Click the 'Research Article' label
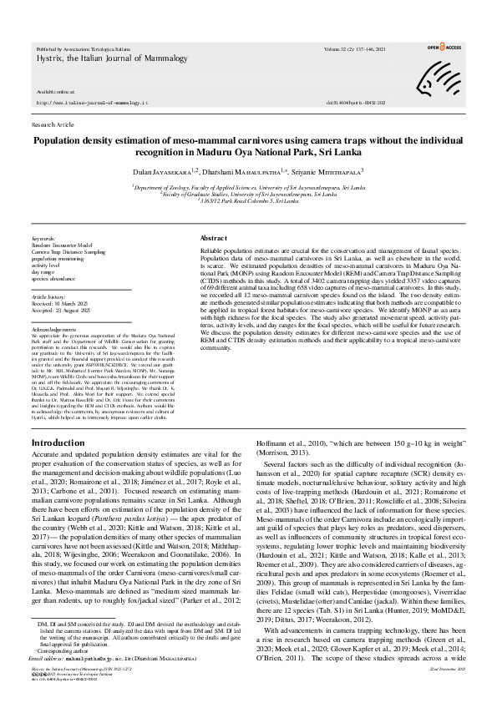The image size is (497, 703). click(52, 123)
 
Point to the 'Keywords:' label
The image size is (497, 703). click(43, 238)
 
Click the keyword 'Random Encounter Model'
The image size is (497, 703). click(62, 245)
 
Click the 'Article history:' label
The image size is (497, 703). click(48, 296)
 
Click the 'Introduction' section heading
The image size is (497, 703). click(58, 442)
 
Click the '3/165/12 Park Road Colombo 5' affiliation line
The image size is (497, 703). click(248, 203)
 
